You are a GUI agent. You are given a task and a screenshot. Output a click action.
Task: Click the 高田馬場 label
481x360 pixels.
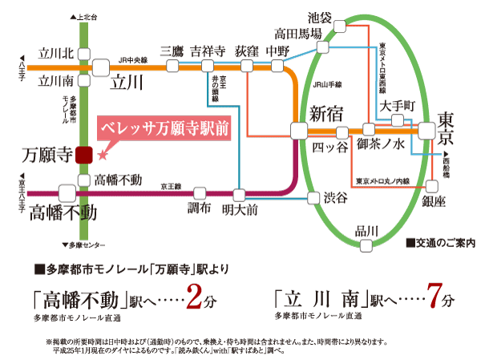(297, 34)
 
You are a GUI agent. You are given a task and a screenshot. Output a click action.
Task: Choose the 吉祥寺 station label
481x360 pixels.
(207, 50)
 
